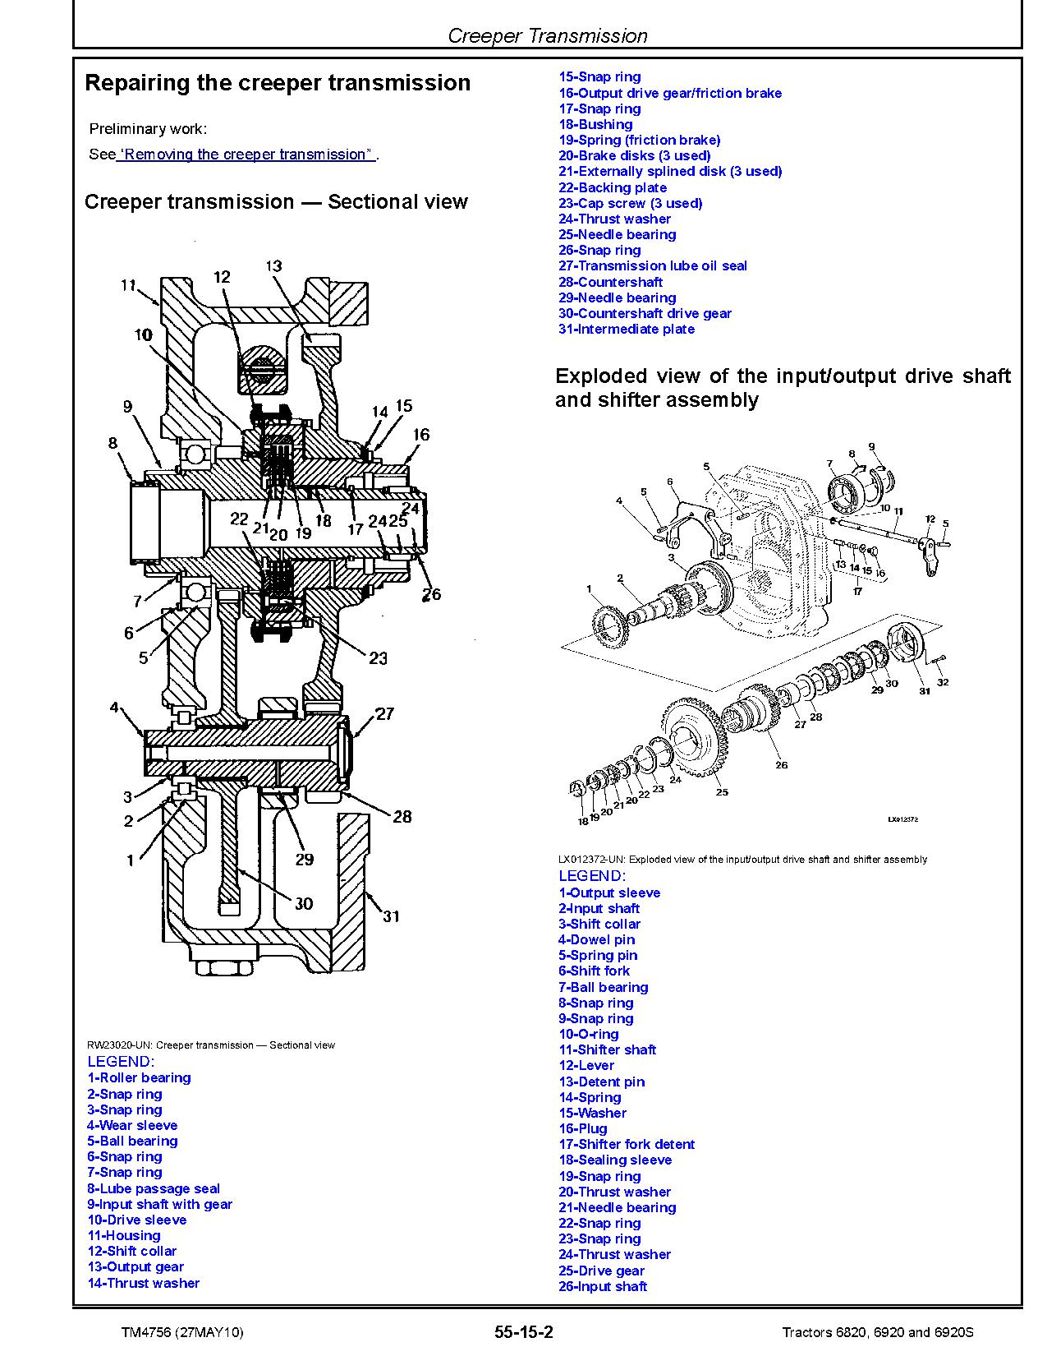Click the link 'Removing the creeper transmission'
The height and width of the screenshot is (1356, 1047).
[x=246, y=155]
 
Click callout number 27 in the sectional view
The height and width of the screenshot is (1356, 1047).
[x=385, y=714]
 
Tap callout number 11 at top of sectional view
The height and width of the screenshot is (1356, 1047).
[x=128, y=285]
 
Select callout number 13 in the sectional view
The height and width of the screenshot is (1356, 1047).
[x=273, y=265]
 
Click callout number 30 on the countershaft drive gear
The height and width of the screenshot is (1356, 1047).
[x=303, y=903]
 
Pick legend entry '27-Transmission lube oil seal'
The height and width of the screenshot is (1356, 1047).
[x=653, y=265]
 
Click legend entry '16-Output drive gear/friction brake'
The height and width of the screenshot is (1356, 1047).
[x=670, y=93]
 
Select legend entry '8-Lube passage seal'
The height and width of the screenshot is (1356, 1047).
[x=154, y=1188]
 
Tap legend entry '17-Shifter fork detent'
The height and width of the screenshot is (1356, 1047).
[x=627, y=1144]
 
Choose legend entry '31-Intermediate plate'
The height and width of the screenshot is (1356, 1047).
[x=627, y=329]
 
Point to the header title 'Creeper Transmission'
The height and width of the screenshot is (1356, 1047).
[x=547, y=36]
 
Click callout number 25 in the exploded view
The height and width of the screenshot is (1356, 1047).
[x=721, y=792]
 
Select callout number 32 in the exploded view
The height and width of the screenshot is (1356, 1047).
[x=942, y=682]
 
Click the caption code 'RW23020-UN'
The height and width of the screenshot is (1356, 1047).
[x=118, y=1045]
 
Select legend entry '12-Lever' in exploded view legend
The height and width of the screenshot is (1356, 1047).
[x=586, y=1065]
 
